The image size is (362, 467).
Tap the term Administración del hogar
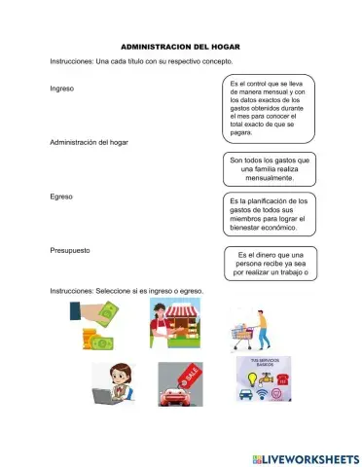coord(88,142)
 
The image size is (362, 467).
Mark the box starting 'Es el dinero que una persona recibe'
coord(273,263)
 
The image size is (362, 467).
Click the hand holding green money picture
coord(95,324)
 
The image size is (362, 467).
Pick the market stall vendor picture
coord(175,324)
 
